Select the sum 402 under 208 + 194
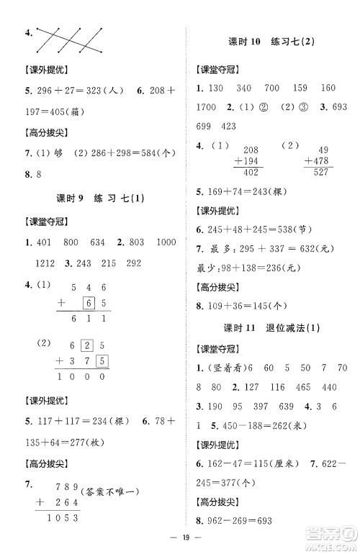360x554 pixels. [251, 173]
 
